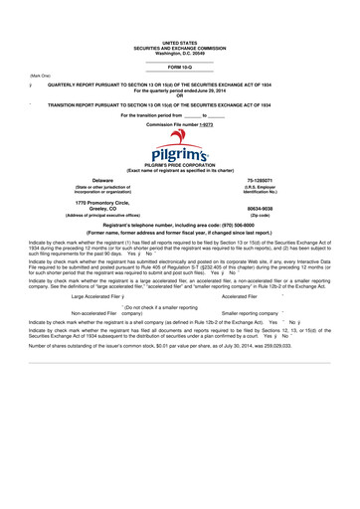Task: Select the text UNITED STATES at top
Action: click(180, 45)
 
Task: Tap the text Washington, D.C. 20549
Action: click(180, 55)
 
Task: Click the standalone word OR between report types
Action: click(180, 95)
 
